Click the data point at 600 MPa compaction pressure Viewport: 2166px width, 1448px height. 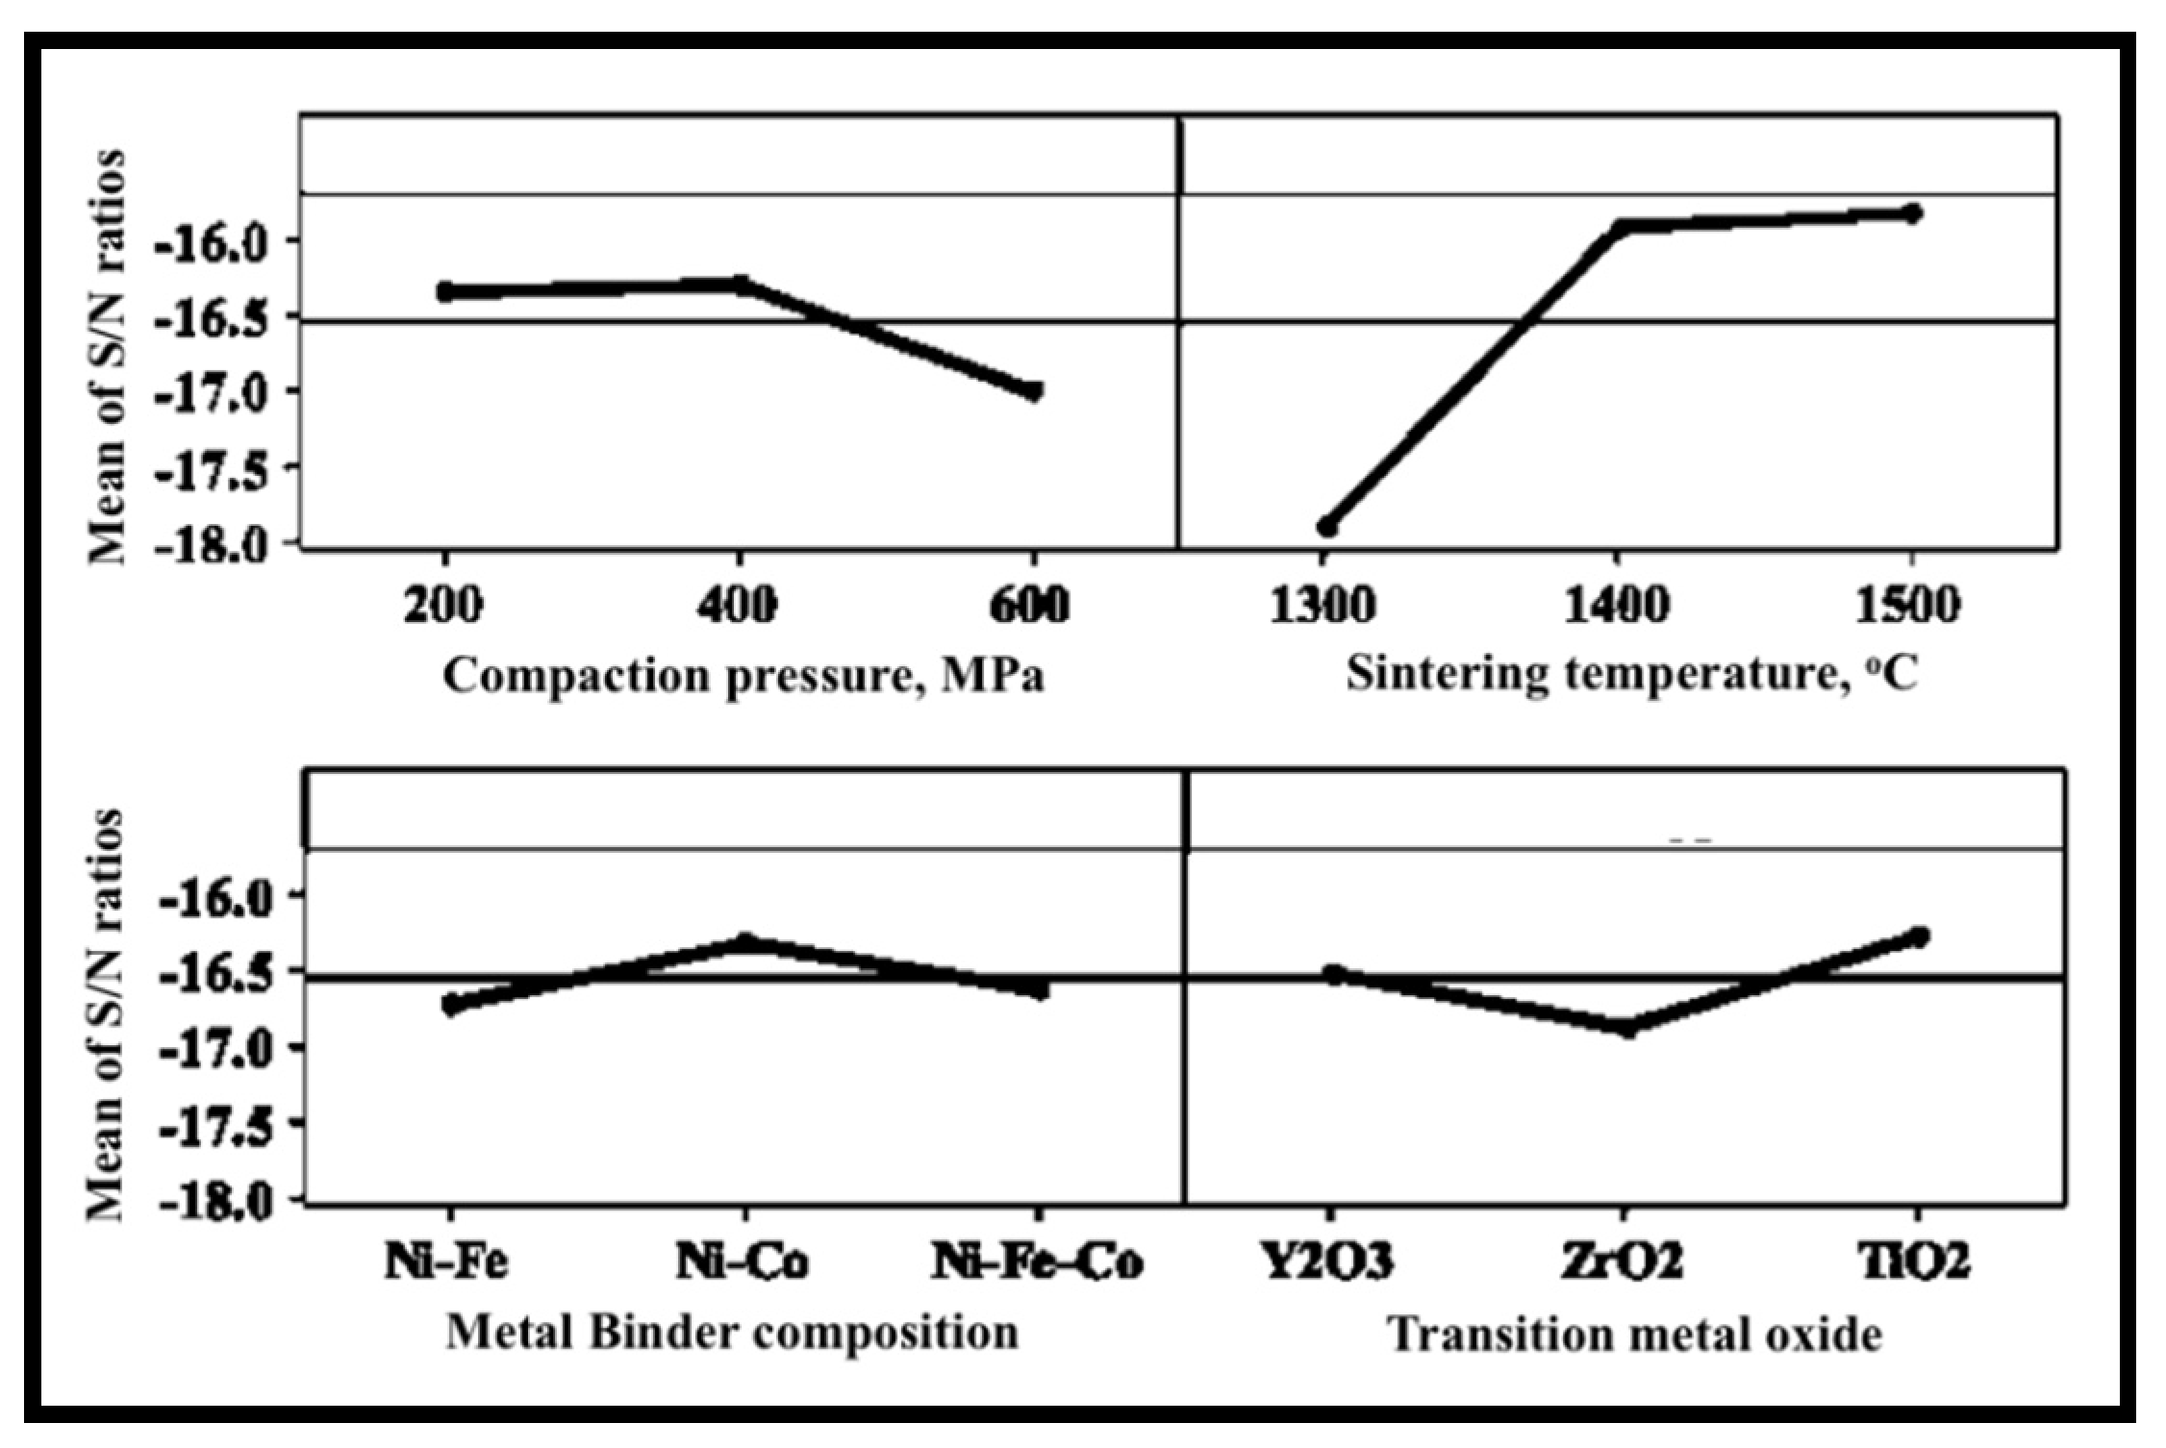(x=1034, y=391)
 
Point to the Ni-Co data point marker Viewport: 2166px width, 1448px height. (x=744, y=941)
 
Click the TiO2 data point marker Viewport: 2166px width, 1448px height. (x=1919, y=936)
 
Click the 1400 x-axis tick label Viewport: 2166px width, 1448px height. (x=1618, y=607)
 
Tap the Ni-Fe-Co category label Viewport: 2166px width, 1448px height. (x=1036, y=1261)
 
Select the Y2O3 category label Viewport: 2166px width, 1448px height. (x=1328, y=1261)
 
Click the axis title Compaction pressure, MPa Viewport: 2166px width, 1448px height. (x=743, y=676)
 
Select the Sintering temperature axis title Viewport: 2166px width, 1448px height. (x=1631, y=674)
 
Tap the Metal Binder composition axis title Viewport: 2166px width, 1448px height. (x=732, y=1333)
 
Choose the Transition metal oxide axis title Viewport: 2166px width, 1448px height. (x=1633, y=1335)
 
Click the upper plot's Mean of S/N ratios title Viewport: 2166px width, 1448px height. (x=106, y=356)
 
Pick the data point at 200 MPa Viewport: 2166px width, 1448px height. (x=446, y=290)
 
